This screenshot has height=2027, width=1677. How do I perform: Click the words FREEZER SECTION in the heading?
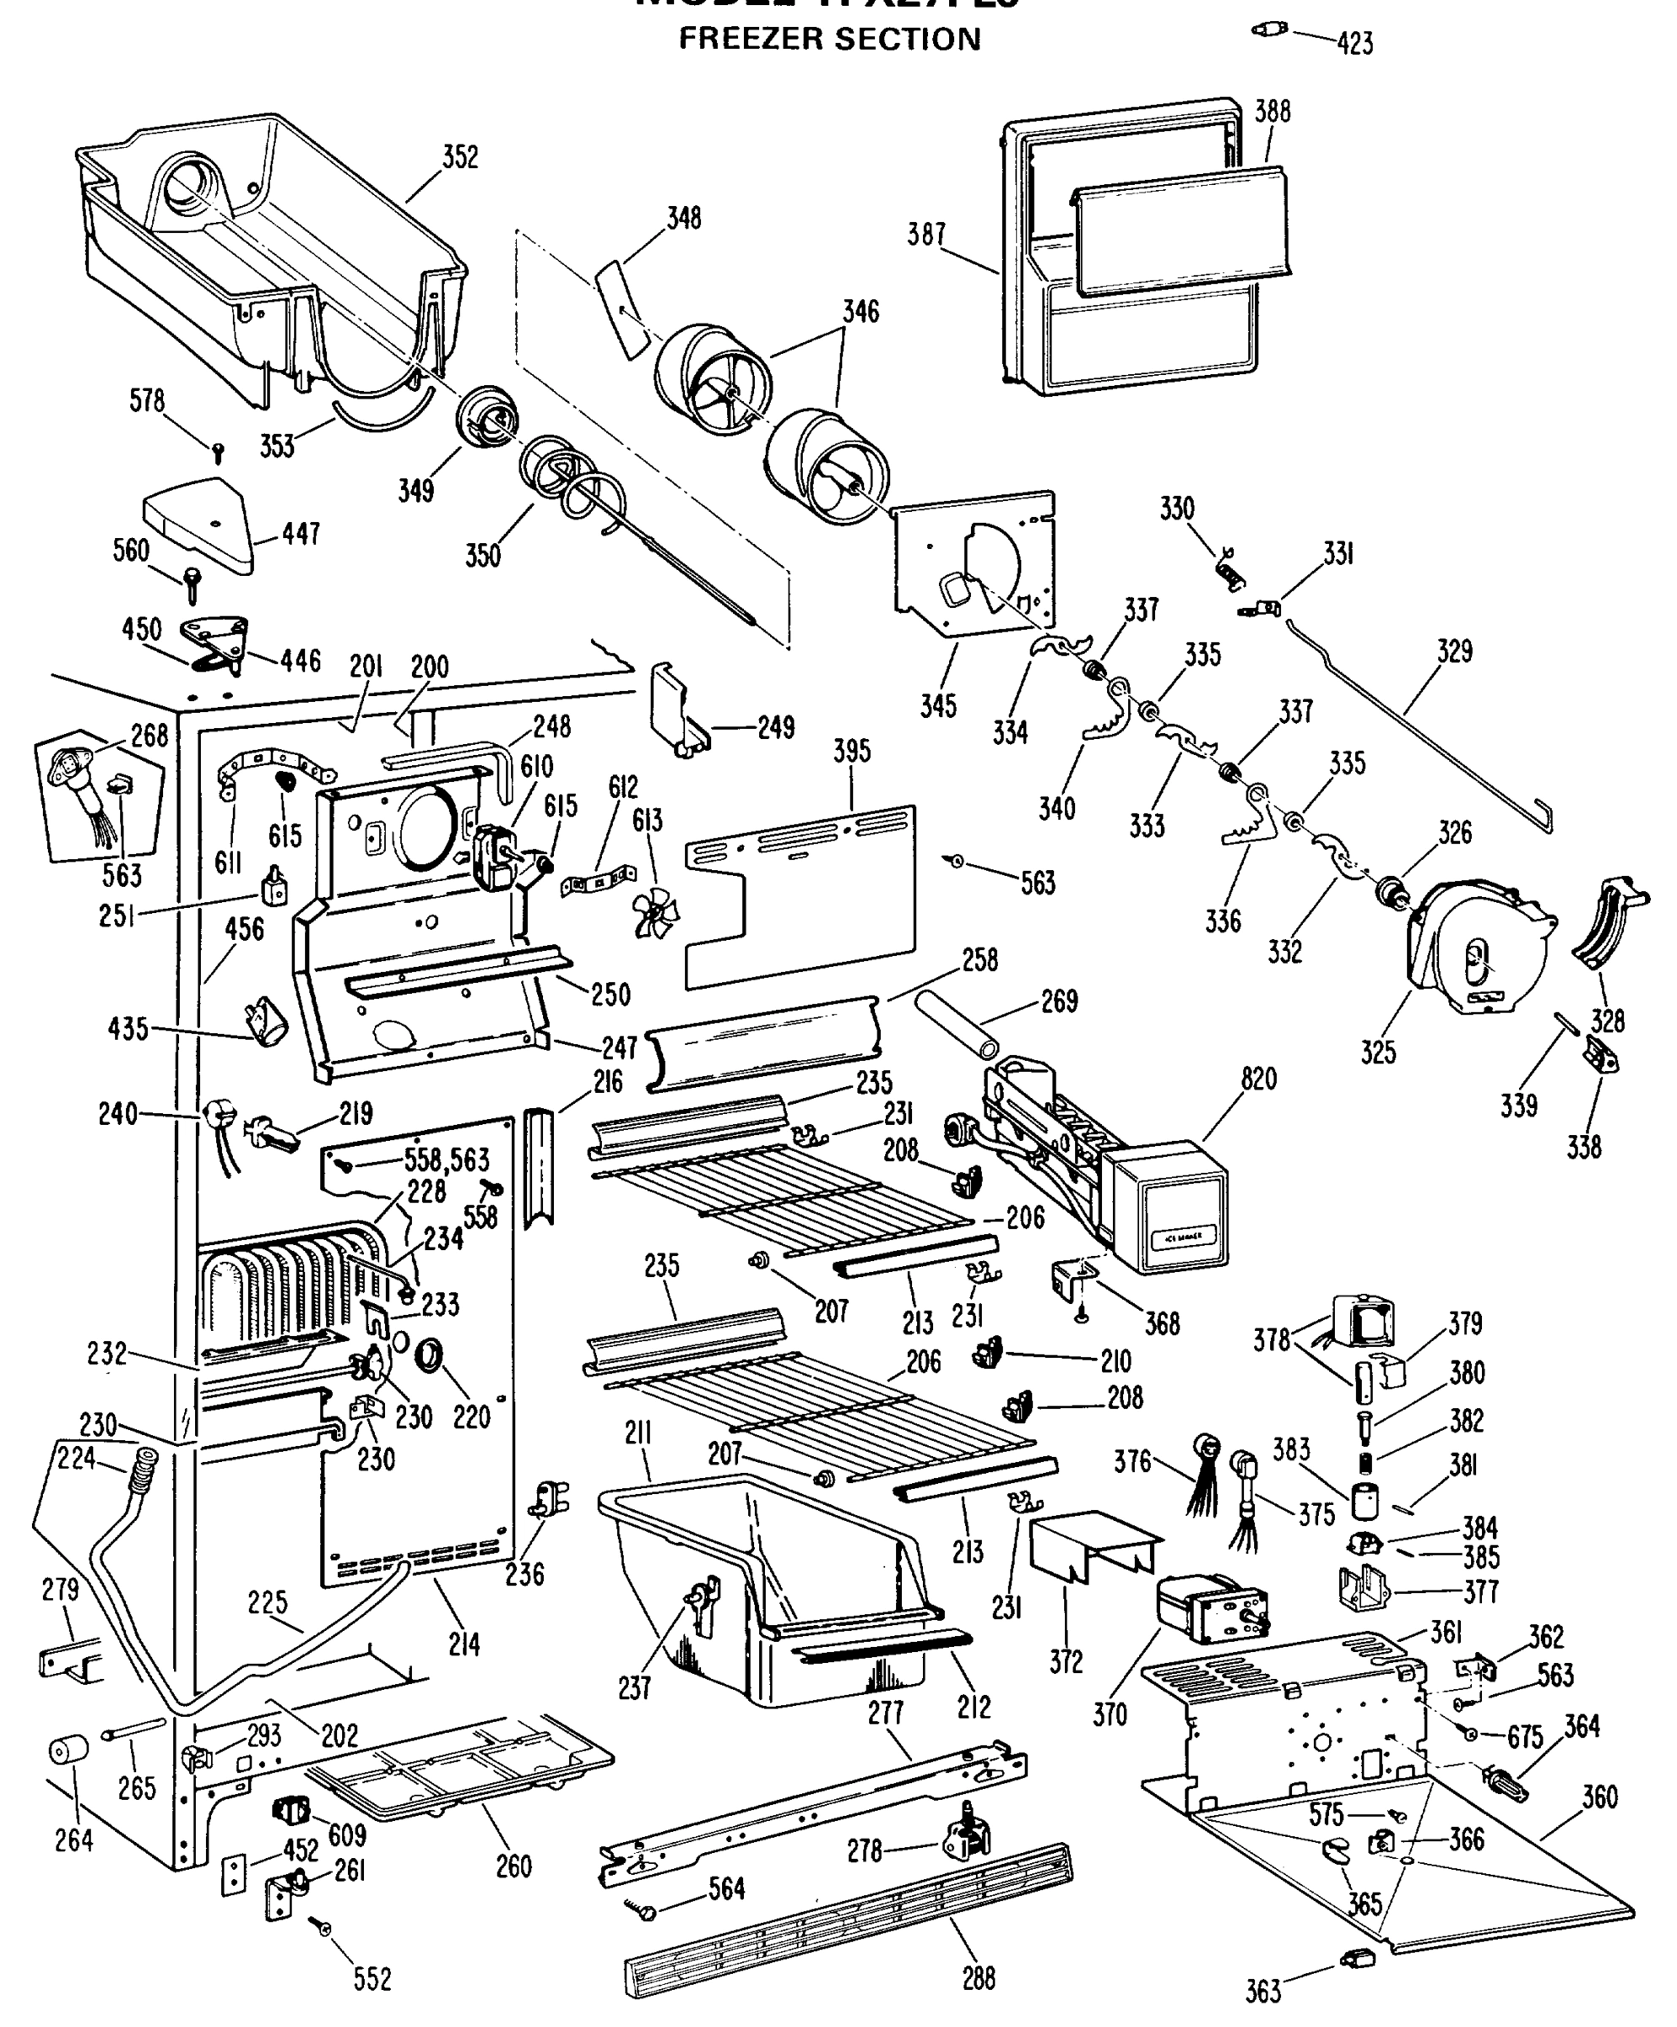pyautogui.click(x=829, y=40)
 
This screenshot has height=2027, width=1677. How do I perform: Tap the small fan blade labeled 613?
pyautogui.click(x=656, y=912)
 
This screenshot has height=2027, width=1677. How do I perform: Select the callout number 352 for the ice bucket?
pyautogui.click(x=460, y=157)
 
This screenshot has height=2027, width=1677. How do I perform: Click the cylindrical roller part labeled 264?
pyautogui.click(x=68, y=1750)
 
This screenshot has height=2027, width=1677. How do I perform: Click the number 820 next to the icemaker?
pyautogui.click(x=1258, y=1079)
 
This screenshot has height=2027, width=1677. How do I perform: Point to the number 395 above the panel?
pyautogui.click(x=851, y=751)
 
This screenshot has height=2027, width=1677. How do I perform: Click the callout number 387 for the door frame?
pyautogui.click(x=925, y=235)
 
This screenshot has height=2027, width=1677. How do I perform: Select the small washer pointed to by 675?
pyautogui.click(x=1470, y=1735)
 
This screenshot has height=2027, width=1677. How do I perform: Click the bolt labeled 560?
pyautogui.click(x=191, y=582)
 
